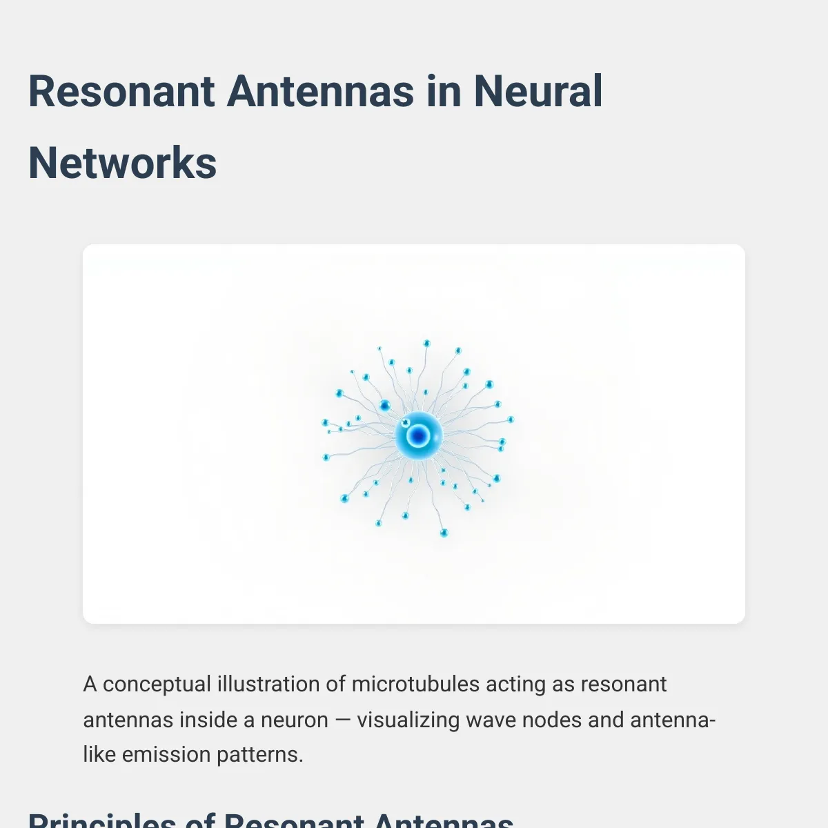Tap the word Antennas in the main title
(320, 92)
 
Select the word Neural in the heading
(538, 92)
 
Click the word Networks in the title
(123, 164)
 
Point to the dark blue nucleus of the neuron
(417, 435)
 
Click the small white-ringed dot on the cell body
(405, 422)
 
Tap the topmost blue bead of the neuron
(426, 343)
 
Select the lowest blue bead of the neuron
(444, 533)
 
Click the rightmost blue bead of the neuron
(511, 419)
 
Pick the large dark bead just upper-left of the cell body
(384, 405)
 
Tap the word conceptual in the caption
(157, 684)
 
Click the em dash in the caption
(342, 720)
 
